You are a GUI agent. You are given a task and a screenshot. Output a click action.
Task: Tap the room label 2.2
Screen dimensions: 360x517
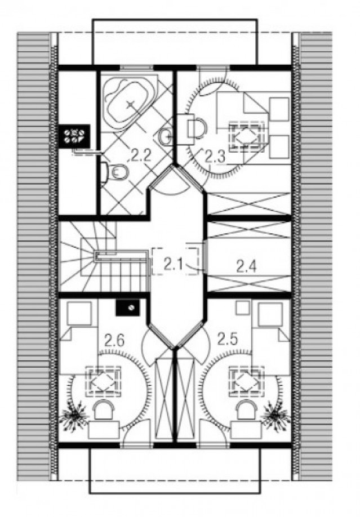tap(141, 155)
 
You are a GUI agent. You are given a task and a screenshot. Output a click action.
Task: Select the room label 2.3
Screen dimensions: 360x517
tap(215, 157)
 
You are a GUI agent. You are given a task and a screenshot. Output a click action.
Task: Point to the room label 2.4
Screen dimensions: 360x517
tap(246, 266)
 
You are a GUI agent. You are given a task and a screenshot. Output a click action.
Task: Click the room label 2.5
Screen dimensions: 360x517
tap(227, 339)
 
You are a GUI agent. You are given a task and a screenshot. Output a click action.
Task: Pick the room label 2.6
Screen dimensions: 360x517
tap(114, 340)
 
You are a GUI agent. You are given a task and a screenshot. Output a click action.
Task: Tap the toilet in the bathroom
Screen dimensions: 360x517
tap(115, 172)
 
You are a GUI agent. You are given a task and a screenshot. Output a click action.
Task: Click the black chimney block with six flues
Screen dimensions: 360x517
tap(74, 136)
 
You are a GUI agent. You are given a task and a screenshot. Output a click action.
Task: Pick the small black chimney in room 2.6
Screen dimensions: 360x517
tap(128, 307)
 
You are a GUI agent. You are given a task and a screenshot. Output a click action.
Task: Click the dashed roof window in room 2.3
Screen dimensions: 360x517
tap(247, 137)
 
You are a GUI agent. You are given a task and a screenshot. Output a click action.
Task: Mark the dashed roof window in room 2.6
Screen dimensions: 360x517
tap(103, 381)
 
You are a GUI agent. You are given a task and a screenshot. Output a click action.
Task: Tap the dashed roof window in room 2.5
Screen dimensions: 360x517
tap(247, 381)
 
